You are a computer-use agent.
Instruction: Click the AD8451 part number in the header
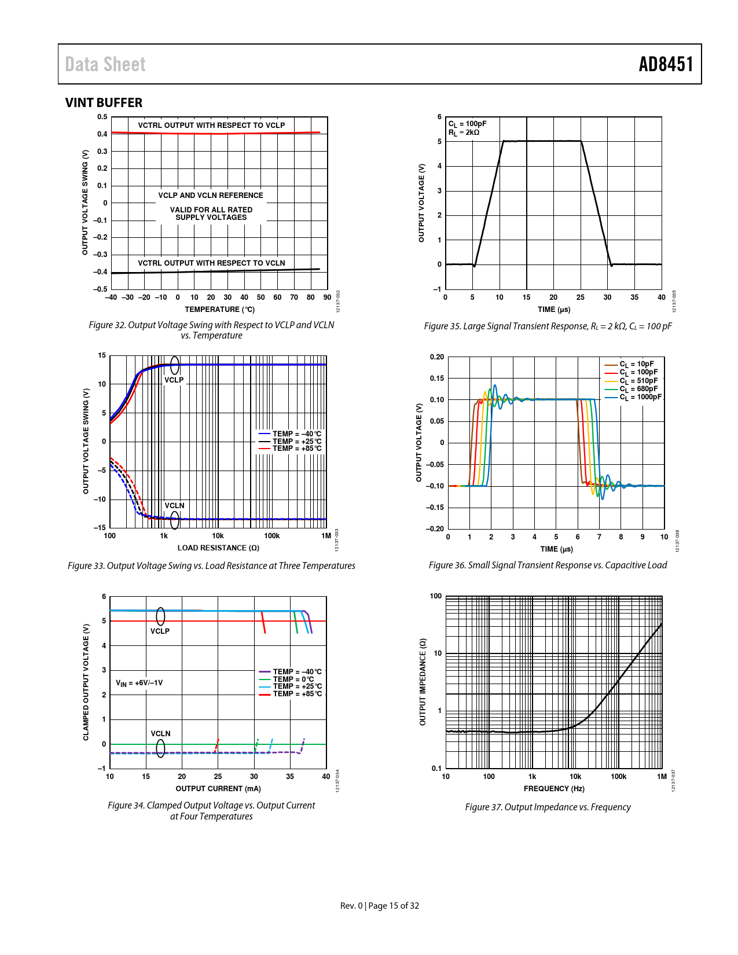(666, 64)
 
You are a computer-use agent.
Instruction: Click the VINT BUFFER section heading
(104, 102)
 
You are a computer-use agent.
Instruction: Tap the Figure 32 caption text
(211, 330)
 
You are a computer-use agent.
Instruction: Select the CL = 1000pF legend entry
(640, 397)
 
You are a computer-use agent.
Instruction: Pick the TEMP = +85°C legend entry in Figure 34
(297, 694)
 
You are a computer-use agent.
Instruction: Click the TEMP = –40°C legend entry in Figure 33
(297, 434)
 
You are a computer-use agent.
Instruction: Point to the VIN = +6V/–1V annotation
(139, 683)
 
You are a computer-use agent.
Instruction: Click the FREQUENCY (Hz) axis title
(554, 789)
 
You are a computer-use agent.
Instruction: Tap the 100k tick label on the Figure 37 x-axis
(618, 777)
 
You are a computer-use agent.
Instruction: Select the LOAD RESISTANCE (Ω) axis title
(218, 548)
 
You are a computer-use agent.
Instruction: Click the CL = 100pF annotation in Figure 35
(467, 124)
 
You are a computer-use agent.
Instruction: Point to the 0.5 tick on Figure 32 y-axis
(102, 117)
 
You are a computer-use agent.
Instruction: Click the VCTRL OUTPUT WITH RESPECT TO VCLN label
(211, 263)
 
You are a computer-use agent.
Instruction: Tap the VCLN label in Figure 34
(160, 734)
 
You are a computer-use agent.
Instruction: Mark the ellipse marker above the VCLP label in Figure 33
(175, 366)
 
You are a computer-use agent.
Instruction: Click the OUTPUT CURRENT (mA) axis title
(218, 789)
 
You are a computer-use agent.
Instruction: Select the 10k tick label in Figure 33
(218, 536)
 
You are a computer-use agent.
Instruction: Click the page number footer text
(379, 906)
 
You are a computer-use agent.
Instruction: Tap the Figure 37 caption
(548, 807)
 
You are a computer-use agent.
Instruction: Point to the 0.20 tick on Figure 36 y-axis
(437, 357)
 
